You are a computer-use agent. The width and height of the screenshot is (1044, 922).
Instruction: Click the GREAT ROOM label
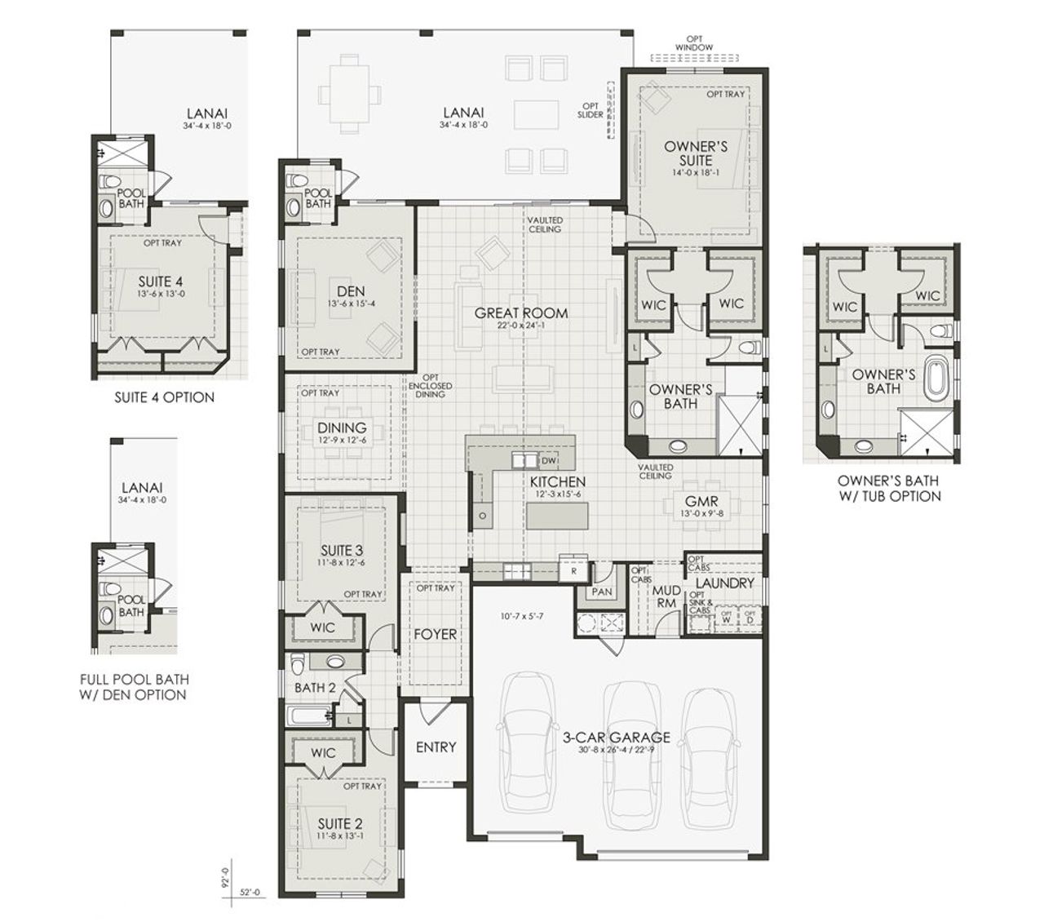click(521, 313)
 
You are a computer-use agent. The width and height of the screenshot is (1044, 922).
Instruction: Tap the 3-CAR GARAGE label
click(617, 737)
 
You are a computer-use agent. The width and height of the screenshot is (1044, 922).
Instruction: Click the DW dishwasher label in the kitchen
click(547, 460)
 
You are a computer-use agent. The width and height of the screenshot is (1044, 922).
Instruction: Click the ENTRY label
click(436, 747)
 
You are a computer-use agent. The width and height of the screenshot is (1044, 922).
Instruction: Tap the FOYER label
click(435, 634)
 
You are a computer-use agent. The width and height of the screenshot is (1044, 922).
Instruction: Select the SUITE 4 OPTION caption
click(164, 397)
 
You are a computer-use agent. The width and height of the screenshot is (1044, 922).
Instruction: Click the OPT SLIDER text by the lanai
click(591, 110)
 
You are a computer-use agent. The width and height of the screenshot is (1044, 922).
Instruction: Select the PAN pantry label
click(602, 592)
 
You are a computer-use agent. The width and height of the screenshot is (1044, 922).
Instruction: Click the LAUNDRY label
click(724, 583)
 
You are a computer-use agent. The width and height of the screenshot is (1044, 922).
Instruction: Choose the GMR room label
click(701, 501)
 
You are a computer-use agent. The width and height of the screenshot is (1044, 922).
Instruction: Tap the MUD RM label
click(667, 596)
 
